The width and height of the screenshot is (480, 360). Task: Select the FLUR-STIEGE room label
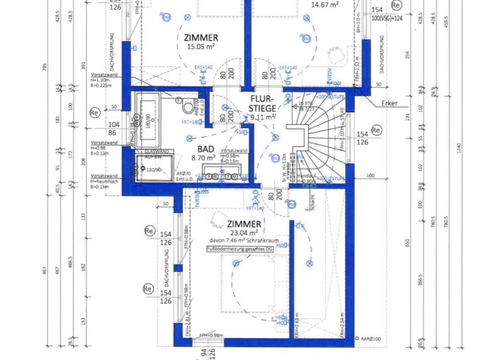click(x=262, y=104)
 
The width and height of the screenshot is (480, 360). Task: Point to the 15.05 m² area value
click(x=201, y=46)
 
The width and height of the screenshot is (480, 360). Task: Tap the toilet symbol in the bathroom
click(x=189, y=108)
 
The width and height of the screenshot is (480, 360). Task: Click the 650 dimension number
click(x=407, y=242)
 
